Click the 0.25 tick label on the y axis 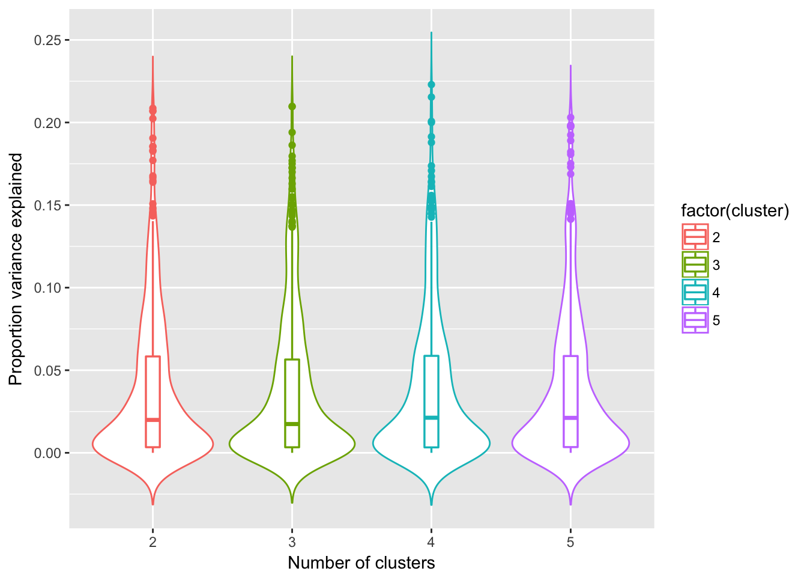click(47, 40)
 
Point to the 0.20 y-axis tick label click(47, 123)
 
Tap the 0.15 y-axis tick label click(47, 206)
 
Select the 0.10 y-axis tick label click(47, 288)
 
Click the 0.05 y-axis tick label click(47, 370)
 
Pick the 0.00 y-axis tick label click(47, 453)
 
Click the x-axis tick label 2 click(153, 543)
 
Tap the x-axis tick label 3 click(292, 543)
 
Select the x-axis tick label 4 click(431, 543)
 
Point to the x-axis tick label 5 click(570, 543)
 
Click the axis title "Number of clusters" click(361, 563)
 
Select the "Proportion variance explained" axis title click(16, 269)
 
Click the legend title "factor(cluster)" click(735, 211)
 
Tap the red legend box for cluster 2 click(695, 237)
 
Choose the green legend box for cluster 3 click(695, 265)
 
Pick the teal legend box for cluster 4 click(695, 293)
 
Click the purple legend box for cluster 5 click(695, 320)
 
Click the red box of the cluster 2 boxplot click(153, 391)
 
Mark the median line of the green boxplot click(292, 424)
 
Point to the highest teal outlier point click(431, 85)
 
